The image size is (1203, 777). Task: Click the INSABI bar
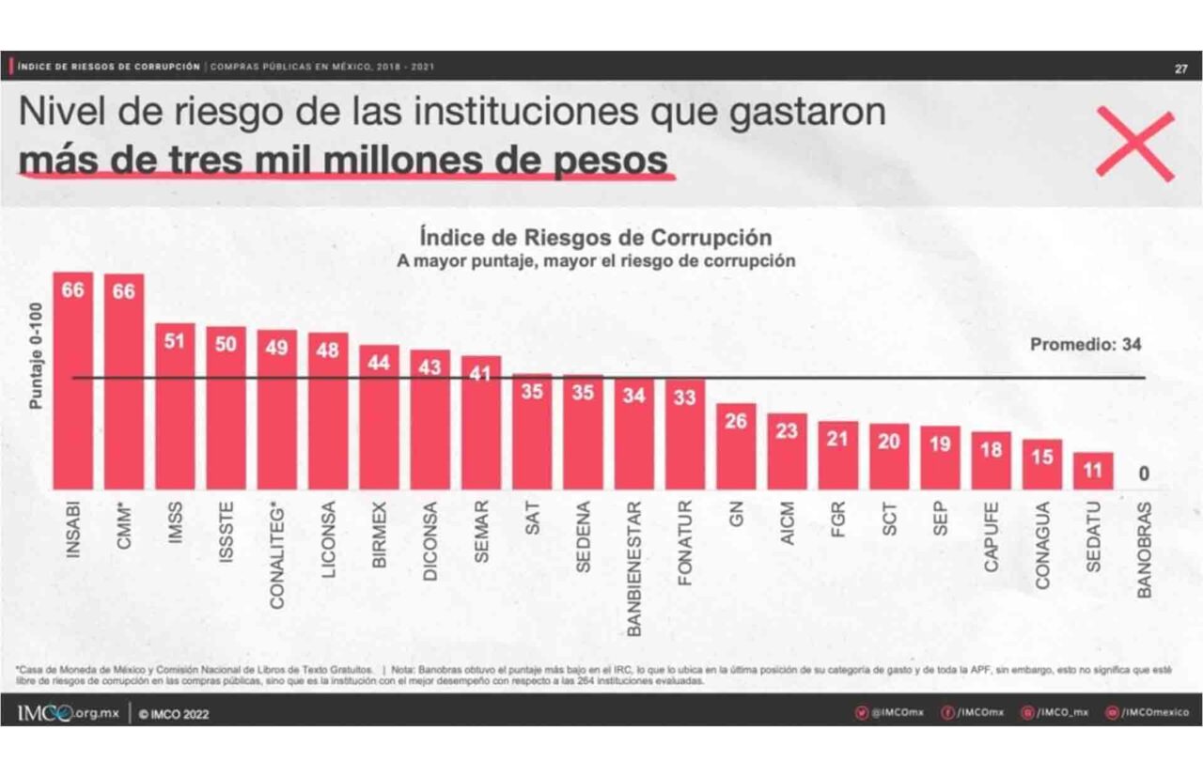73,381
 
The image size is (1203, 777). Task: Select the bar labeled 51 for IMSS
175,406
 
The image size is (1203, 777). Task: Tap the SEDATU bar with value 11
1093,471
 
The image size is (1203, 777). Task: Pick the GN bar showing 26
736,446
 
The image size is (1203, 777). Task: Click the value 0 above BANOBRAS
1144,474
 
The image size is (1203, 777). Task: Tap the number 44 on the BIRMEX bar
379,363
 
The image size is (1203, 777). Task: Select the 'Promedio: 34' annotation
1086,345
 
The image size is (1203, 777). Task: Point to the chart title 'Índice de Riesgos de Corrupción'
595,236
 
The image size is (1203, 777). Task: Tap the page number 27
1180,68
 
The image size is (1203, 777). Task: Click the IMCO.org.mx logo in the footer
68,713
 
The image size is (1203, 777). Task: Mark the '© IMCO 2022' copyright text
175,714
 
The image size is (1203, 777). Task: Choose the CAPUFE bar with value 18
991,460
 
